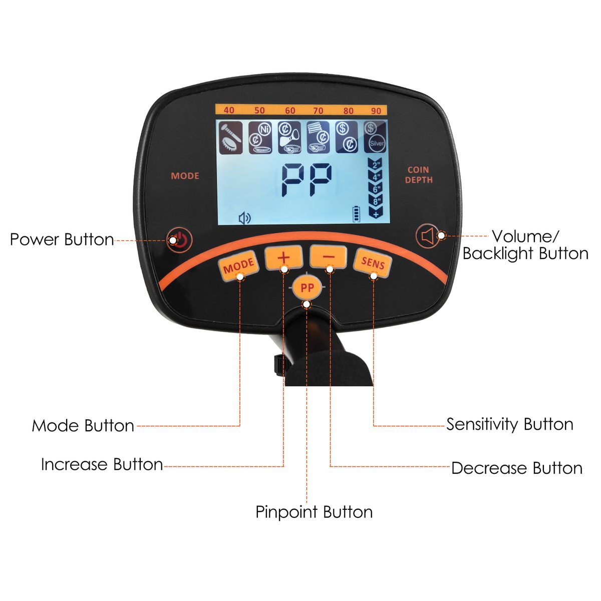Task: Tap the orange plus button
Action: (x=283, y=257)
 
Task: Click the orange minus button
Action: (x=329, y=257)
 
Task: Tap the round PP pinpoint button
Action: (x=307, y=287)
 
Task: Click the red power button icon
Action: (x=179, y=239)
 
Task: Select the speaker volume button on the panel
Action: (x=429, y=236)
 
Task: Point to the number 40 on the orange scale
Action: (x=228, y=110)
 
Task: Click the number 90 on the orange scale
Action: (x=376, y=111)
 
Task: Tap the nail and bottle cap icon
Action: (x=231, y=138)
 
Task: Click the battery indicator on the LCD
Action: (x=356, y=214)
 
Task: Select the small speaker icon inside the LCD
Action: (x=244, y=218)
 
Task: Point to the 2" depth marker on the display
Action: (x=376, y=165)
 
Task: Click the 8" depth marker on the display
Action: (x=376, y=201)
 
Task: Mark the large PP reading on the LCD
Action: (x=307, y=180)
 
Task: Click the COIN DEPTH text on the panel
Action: (x=419, y=175)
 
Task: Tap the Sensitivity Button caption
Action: (x=510, y=425)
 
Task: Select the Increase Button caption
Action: (x=102, y=465)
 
